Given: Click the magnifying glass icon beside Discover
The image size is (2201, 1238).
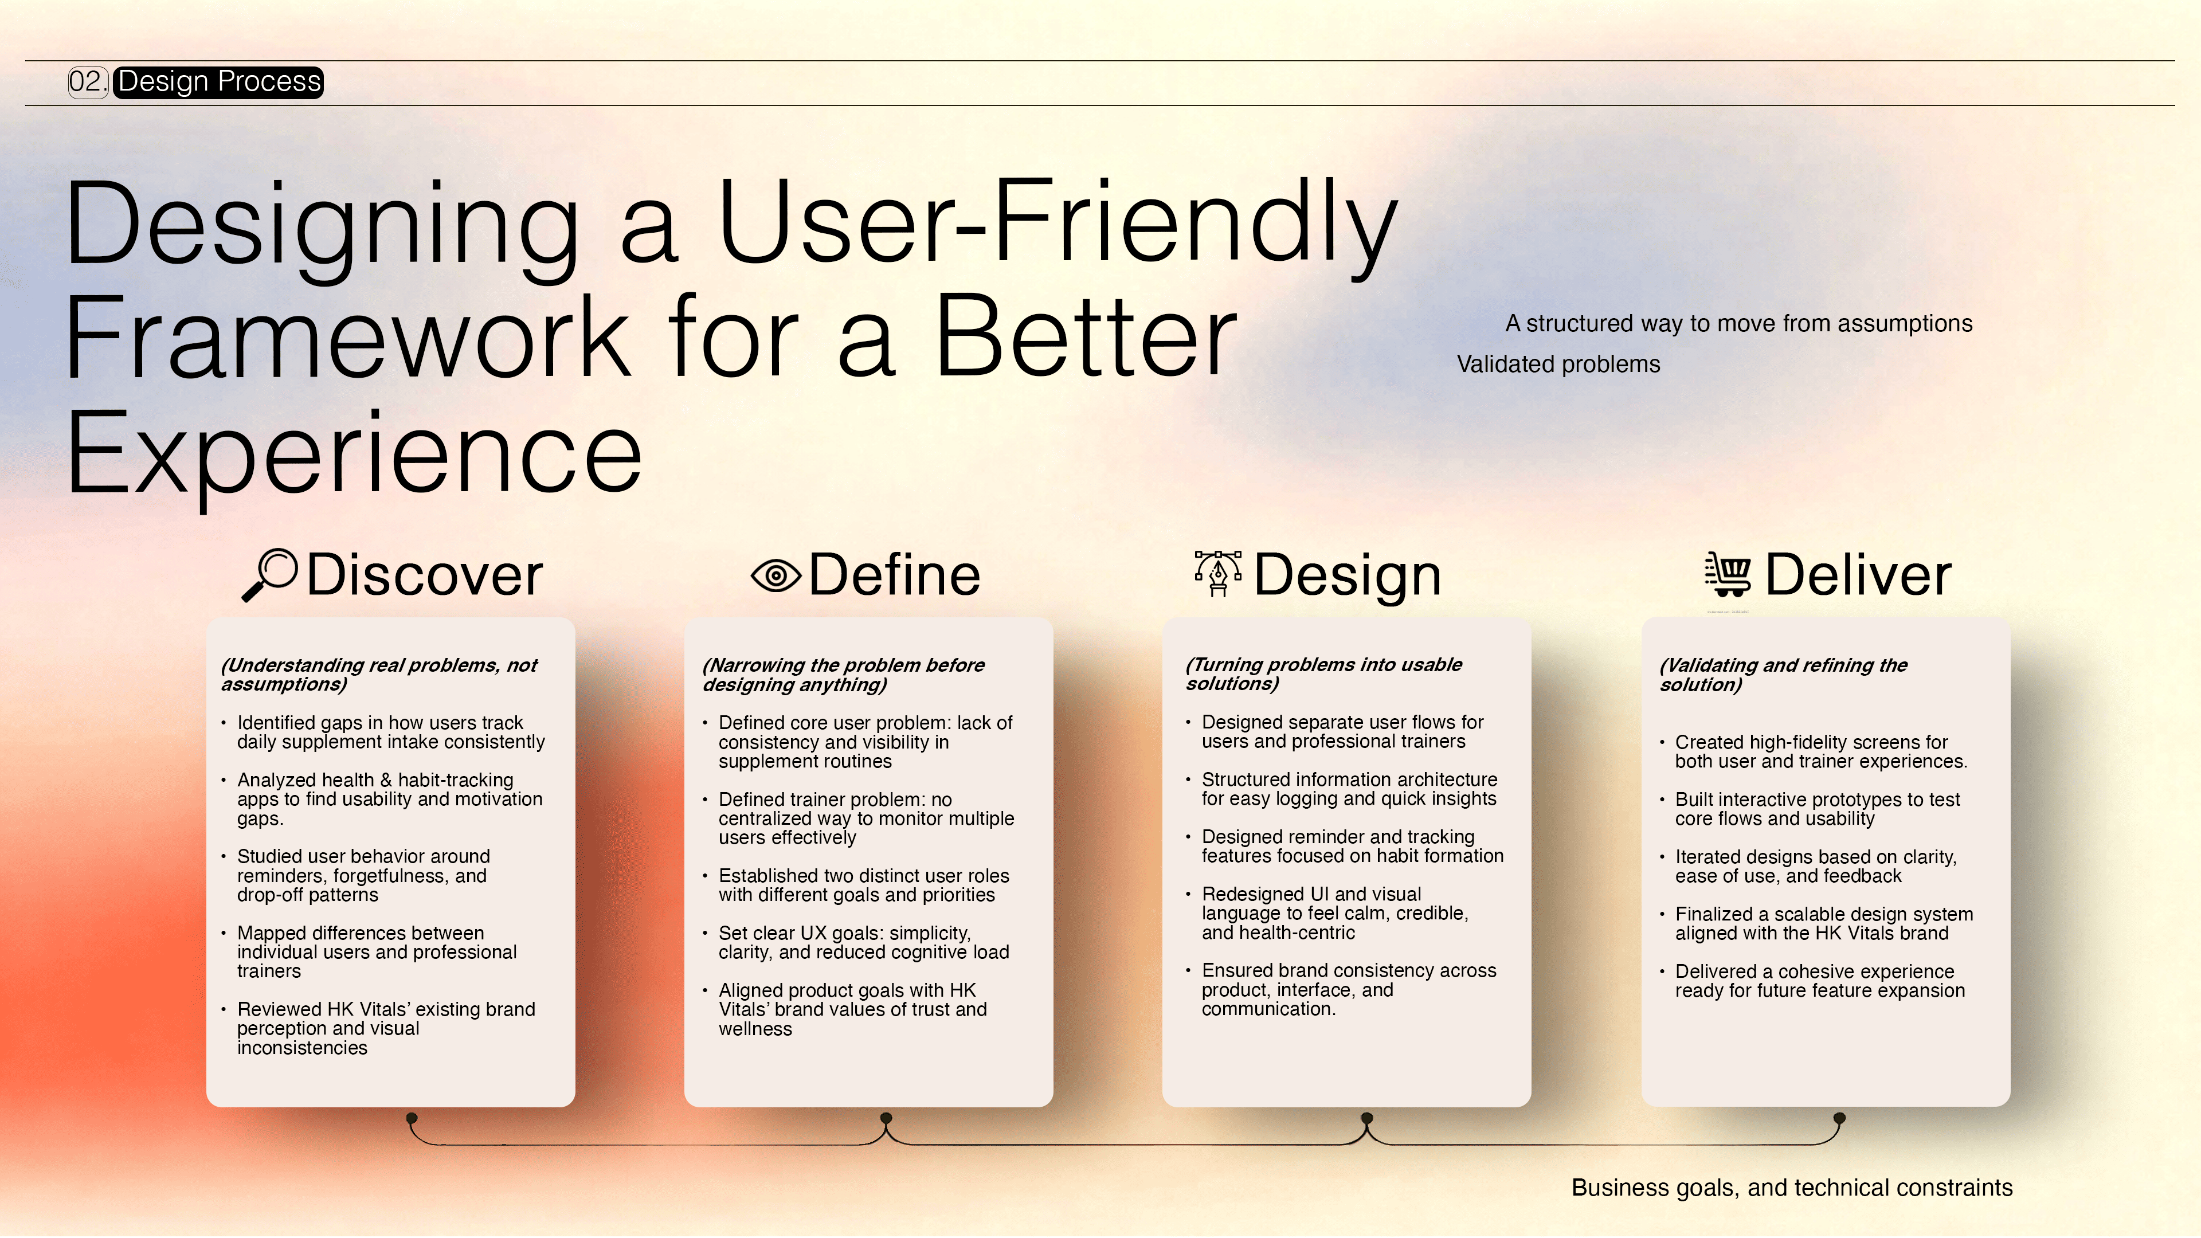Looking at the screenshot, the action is pyautogui.click(x=270, y=575).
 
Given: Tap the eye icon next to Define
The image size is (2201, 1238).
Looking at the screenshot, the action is pyautogui.click(x=776, y=576).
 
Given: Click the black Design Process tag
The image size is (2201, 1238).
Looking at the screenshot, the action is pyautogui.click(x=219, y=82).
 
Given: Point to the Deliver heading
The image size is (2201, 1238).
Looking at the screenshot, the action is pyautogui.click(x=1858, y=575).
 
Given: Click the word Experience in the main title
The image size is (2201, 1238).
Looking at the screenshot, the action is pyautogui.click(x=354, y=456).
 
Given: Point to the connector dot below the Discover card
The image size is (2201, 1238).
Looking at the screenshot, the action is pyautogui.click(x=412, y=1118).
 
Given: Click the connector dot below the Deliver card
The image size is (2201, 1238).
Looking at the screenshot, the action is pyautogui.click(x=1839, y=1118).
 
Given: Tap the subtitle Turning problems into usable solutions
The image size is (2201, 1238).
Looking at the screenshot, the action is pyautogui.click(x=1323, y=674).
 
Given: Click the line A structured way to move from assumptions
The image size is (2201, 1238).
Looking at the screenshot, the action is pyautogui.click(x=1739, y=324).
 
